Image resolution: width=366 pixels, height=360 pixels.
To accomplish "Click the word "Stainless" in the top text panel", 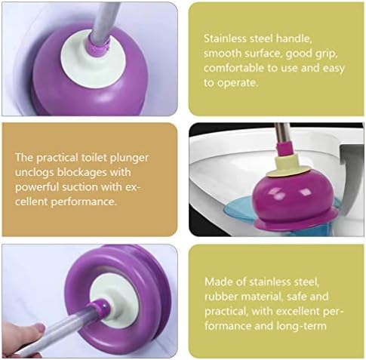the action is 225,38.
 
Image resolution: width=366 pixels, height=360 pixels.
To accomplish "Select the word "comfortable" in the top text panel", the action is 233,68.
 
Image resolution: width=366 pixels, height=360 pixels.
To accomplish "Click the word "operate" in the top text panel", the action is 238,83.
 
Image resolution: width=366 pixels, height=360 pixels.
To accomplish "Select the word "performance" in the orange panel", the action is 84,202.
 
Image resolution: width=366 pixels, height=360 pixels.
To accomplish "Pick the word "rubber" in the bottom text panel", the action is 221,297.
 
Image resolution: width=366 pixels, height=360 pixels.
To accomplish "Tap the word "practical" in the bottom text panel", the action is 226,312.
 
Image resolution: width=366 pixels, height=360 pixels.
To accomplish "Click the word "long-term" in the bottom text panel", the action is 302,326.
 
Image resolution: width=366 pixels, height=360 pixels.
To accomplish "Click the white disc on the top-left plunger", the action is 93,60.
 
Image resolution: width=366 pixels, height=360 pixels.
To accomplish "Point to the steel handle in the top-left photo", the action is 104,20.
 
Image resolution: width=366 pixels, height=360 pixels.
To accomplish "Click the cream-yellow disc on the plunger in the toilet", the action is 288,167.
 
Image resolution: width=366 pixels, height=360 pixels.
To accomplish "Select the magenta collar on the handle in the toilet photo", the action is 285,149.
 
